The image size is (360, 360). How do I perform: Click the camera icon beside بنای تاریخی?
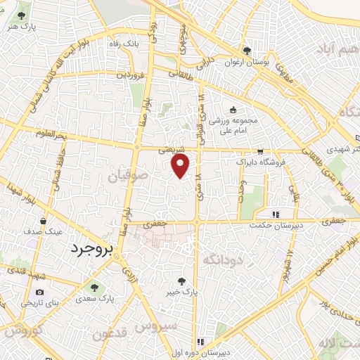tap(39, 292)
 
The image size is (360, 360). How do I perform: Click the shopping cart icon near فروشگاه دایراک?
tap(260, 151)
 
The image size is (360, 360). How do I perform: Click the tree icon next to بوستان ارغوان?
tap(247, 50)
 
